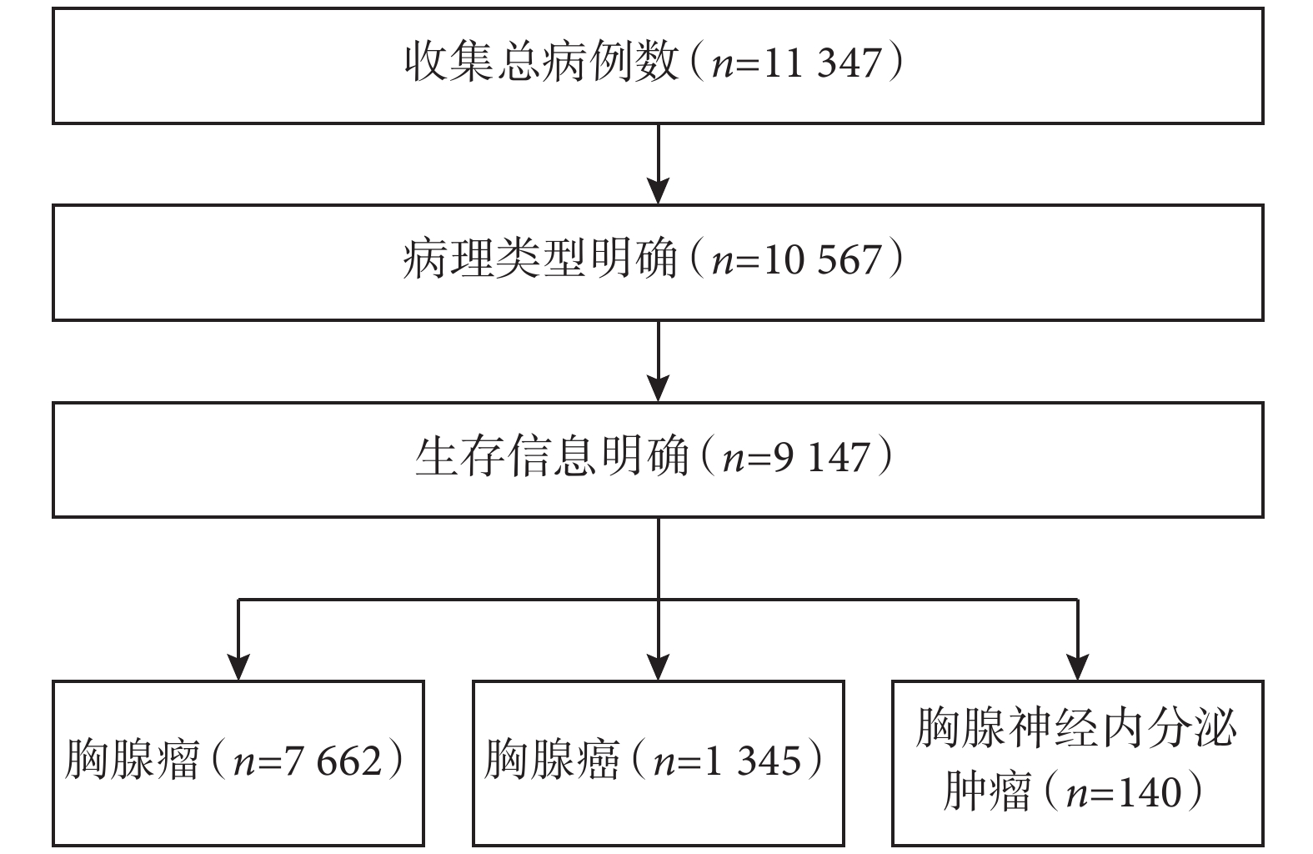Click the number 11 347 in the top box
click(822, 63)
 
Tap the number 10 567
click(822, 260)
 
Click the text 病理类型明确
click(540, 259)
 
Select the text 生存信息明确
click(552, 455)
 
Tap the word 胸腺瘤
click(133, 760)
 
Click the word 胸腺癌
click(552, 760)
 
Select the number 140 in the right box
click(1150, 792)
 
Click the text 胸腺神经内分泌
click(1076, 727)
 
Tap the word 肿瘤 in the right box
click(987, 791)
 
